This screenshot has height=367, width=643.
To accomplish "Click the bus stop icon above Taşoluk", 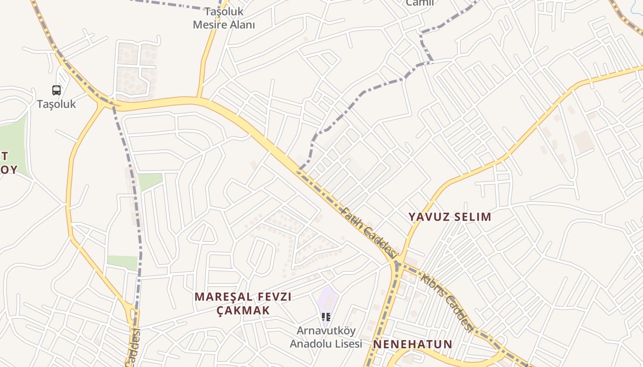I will [56, 90].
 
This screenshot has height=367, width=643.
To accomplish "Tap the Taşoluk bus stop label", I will [56, 104].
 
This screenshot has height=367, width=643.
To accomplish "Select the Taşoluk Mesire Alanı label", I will [224, 18].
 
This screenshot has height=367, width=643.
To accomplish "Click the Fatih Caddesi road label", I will [369, 232].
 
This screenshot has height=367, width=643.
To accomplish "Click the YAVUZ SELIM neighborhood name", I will [450, 217].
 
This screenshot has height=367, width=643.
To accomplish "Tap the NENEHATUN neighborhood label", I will [412, 344].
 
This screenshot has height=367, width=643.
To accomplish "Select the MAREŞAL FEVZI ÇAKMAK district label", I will [243, 303].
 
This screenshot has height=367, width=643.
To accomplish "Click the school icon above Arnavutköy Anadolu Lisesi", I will [326, 317].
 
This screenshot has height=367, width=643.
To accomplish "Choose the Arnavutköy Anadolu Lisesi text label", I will [326, 337].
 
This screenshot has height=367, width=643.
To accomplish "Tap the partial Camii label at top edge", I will [420, 3].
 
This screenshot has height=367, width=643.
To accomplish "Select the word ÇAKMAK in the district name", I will [243, 310].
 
